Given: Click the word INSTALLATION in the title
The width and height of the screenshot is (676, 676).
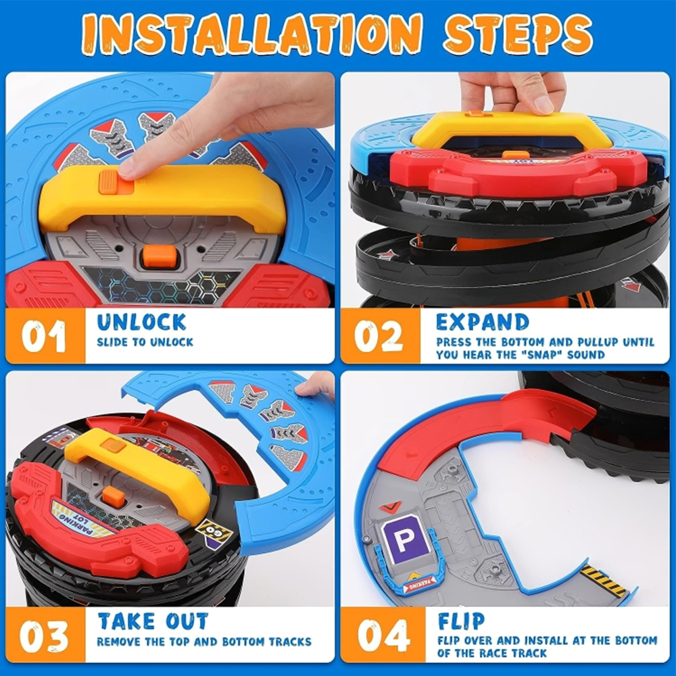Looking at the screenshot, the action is tap(251, 34).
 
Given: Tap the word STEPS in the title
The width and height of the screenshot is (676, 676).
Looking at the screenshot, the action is tap(518, 34).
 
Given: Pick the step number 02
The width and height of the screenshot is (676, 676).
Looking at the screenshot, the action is tap(379, 336).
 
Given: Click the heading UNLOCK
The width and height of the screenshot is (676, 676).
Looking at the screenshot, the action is tap(141, 322).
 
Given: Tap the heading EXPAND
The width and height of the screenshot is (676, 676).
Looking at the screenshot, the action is tap(483, 322).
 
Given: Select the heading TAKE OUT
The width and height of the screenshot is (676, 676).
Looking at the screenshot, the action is tap(153, 621).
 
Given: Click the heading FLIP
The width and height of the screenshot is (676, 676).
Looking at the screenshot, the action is tap(461, 621).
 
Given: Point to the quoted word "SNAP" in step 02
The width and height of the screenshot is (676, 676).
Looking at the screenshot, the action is tap(541, 355).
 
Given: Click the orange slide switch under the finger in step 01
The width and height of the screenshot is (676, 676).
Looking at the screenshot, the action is tap(116, 182).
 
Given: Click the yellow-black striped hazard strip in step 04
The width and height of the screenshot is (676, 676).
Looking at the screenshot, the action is tap(603, 580).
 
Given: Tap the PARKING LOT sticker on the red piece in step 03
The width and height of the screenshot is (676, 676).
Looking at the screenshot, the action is tap(82, 518).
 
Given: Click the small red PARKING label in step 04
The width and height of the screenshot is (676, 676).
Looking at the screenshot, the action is tap(420, 585).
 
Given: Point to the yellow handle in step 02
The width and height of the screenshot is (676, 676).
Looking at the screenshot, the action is tap(512, 129).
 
